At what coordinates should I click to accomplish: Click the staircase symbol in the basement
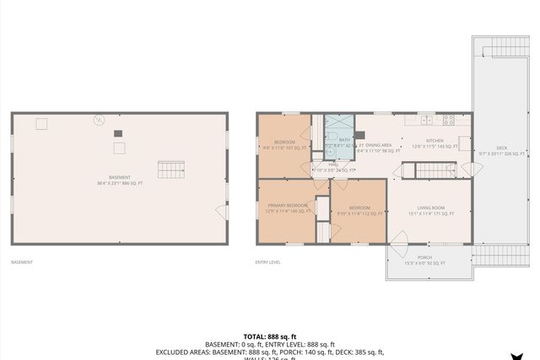point(171,169)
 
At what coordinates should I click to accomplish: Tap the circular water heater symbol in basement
point(99,121)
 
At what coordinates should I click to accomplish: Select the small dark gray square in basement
point(118,133)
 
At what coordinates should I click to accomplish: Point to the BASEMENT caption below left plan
point(22,262)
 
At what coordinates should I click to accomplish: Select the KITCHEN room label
point(435,141)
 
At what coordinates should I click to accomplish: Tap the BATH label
point(344,140)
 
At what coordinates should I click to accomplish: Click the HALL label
point(321,165)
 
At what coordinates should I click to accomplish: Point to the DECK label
point(501,148)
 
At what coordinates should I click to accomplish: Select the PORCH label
point(424,258)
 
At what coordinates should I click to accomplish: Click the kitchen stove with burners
point(449,120)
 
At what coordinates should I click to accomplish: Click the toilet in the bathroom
point(332,135)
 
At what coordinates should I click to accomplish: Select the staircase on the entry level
point(435,170)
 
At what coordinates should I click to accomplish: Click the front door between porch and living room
point(397,246)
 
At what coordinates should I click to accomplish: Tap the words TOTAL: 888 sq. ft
point(269,335)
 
